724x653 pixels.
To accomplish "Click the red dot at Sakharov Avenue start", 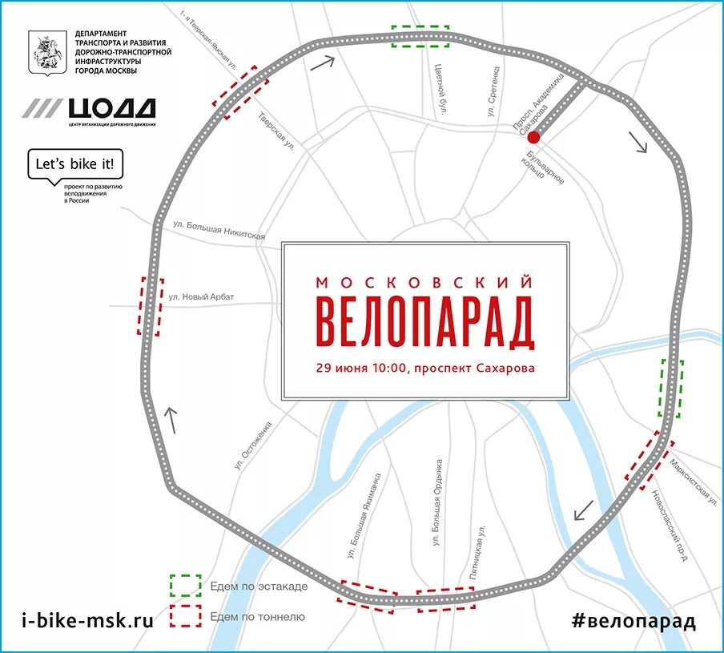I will [533, 138].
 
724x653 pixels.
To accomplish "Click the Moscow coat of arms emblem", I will [43, 54].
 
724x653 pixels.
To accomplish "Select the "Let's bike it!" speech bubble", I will [76, 166].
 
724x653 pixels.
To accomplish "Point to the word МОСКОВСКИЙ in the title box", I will [425, 282].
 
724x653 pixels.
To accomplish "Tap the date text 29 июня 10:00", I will [361, 369].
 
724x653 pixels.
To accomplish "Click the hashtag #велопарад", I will [633, 619].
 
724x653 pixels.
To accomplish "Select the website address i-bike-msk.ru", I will [87, 619].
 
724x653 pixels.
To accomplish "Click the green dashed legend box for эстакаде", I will [184, 586].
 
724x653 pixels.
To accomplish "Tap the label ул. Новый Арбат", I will [201, 297].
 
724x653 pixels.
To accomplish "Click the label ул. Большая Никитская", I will [219, 231].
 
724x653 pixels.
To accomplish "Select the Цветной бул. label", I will [440, 88].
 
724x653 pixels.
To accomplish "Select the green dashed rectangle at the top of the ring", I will [420, 36].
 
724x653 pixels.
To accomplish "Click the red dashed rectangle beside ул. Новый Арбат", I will [151, 305].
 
